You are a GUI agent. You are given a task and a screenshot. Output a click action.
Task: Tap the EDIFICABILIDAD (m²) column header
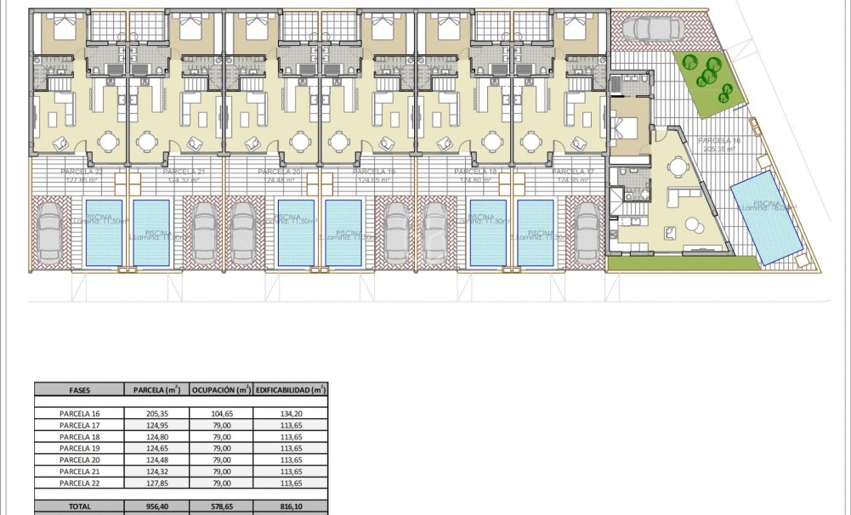(x=291, y=390)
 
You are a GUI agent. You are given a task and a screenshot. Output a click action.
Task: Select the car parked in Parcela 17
(x=586, y=231)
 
